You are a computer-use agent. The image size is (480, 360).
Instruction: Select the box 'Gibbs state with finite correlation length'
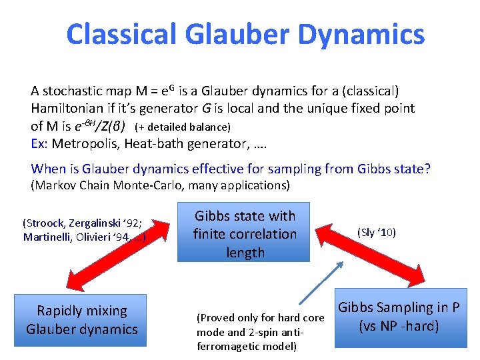[x=245, y=233]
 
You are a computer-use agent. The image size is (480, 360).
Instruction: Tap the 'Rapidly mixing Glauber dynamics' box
[x=81, y=320]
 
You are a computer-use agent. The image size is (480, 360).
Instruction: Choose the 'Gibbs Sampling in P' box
[x=399, y=317]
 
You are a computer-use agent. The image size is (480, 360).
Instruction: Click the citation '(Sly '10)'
[x=376, y=232]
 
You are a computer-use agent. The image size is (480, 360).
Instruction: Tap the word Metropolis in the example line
[x=87, y=143]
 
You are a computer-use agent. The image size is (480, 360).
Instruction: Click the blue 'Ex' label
[x=38, y=143]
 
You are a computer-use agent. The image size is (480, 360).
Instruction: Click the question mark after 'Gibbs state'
[x=427, y=169]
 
